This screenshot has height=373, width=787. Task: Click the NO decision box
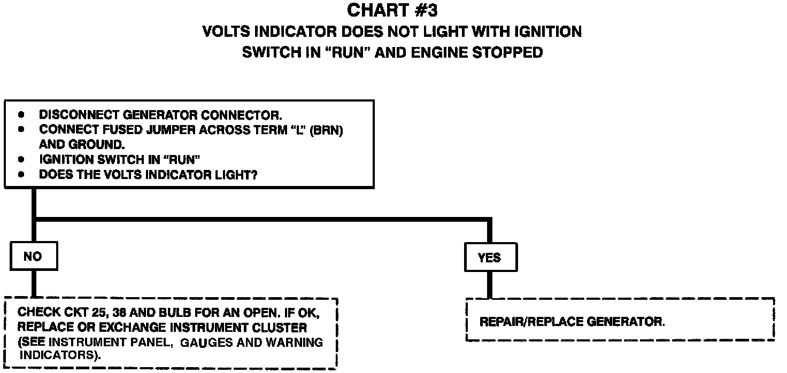[x=33, y=257]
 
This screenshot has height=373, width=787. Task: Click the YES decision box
[x=489, y=258]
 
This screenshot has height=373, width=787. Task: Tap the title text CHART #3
[x=392, y=10]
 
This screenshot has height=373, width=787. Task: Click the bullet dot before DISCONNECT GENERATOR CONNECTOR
[x=21, y=115]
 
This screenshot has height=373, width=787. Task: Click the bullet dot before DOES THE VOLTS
[x=21, y=175]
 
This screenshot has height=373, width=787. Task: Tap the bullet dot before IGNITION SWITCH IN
[x=21, y=160]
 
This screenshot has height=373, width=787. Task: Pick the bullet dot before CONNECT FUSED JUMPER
[x=21, y=130]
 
